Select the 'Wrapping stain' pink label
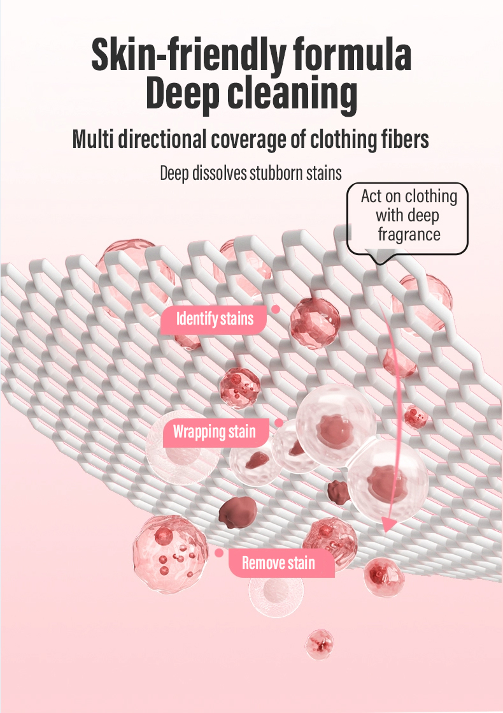click(214, 432)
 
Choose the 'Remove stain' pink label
click(278, 562)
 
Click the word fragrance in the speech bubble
click(409, 234)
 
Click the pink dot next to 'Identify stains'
click(276, 309)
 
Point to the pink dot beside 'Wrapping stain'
click(278, 423)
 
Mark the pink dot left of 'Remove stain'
click(219, 553)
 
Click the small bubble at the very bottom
click(319, 644)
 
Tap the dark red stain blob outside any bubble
click(237, 510)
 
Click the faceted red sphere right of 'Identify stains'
click(315, 323)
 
